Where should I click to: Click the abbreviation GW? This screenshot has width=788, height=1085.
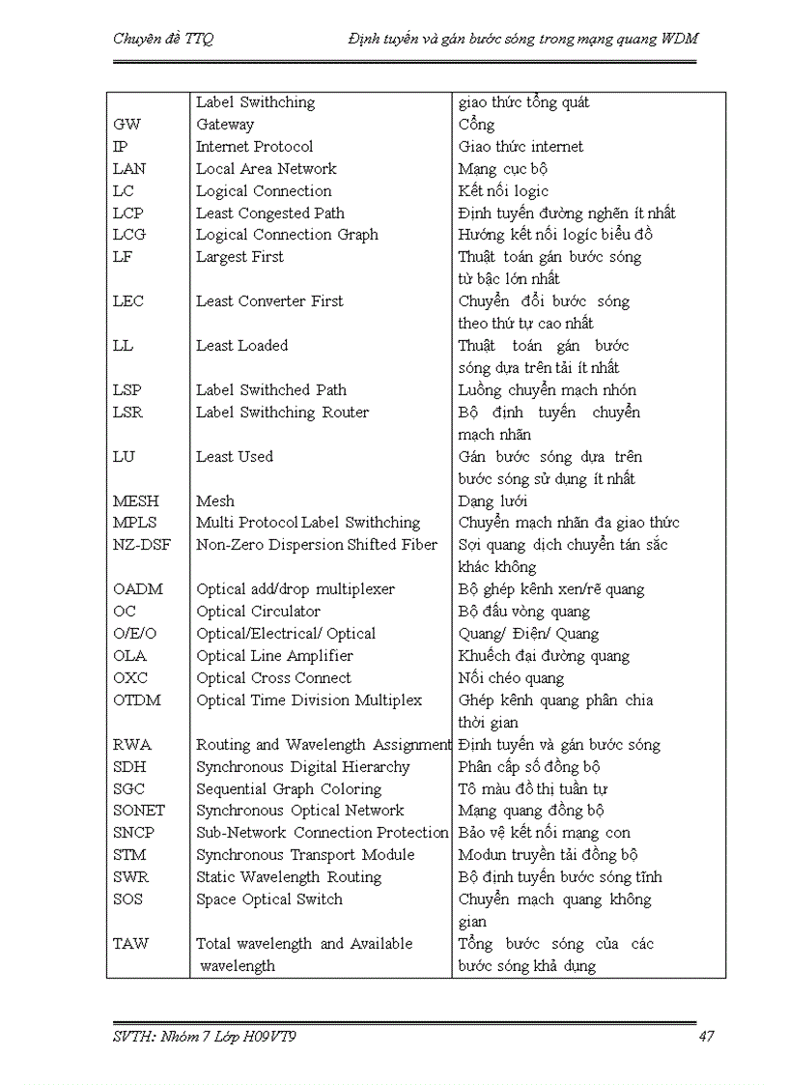tap(127, 125)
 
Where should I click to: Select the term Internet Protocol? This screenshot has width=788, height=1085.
tap(254, 147)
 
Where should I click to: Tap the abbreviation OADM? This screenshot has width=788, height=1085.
tap(138, 589)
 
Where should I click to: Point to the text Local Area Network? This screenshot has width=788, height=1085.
tap(267, 169)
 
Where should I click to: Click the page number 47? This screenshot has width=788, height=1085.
tap(706, 1037)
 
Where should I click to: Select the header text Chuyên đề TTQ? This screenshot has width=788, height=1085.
tap(163, 39)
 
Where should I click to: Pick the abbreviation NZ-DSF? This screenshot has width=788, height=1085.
tap(142, 545)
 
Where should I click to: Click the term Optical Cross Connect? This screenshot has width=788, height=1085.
tap(273, 678)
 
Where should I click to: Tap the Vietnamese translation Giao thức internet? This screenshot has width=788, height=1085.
tap(521, 147)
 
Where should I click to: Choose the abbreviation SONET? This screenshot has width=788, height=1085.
tap(139, 811)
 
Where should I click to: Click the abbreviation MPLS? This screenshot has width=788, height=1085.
tap(135, 523)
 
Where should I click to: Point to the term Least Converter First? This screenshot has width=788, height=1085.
tap(269, 301)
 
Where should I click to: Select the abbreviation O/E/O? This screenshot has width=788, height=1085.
tap(135, 634)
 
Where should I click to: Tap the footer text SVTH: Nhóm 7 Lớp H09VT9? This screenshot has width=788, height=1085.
tap(211, 1037)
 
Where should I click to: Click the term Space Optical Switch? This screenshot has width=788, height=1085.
tap(268, 899)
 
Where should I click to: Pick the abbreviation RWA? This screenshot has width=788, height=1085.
tap(132, 745)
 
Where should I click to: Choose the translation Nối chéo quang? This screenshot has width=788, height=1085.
tap(511, 678)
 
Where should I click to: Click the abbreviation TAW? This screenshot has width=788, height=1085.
tap(131, 944)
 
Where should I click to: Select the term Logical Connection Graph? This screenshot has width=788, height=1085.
tap(287, 235)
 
